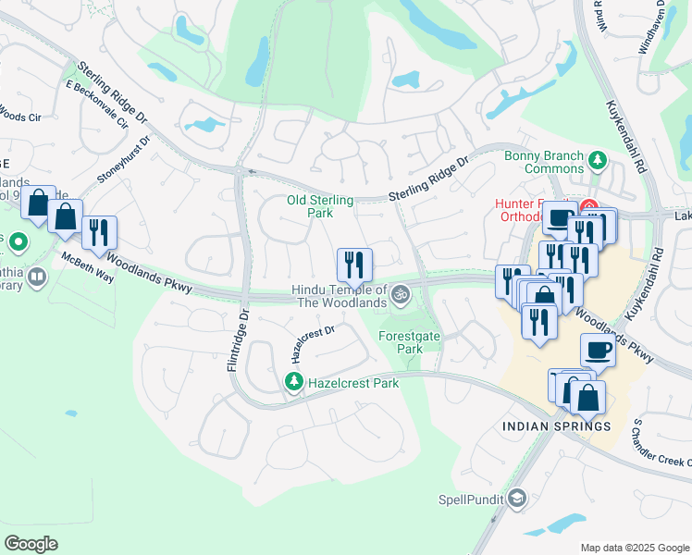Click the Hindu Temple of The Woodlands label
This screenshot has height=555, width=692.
(x=339, y=296)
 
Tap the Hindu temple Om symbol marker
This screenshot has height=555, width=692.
(x=401, y=296)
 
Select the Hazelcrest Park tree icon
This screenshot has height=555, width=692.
(x=293, y=381)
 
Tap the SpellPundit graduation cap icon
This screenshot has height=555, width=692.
(x=516, y=499)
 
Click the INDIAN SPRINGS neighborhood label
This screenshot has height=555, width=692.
(x=556, y=426)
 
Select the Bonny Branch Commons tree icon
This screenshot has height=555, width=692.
(x=597, y=161)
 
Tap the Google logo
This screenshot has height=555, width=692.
(x=31, y=544)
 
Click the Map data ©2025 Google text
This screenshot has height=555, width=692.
(x=634, y=548)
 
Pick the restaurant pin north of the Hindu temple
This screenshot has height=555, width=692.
(x=354, y=265)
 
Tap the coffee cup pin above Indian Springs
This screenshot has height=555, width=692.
(x=598, y=351)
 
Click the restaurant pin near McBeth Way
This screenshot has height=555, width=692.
(x=99, y=234)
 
